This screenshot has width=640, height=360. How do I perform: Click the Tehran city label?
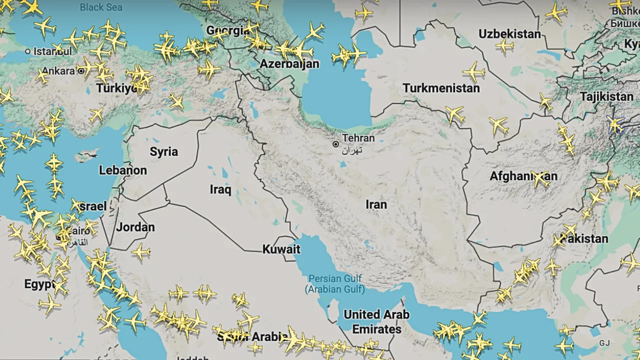point(358,138)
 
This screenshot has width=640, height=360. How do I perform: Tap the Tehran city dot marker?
point(335,144)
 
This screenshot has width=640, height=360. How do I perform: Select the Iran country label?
point(376,204)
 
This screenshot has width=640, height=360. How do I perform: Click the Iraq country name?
point(220,189)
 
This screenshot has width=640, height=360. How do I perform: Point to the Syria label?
point(163,152)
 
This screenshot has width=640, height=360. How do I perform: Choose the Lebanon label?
point(123,170)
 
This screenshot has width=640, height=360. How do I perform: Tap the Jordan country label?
point(135,227)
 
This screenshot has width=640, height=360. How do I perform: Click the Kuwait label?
point(281,249)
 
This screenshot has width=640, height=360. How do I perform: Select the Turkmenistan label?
point(441,88)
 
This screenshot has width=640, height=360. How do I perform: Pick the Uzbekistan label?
point(509,34)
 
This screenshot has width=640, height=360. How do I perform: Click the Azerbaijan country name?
point(289,64)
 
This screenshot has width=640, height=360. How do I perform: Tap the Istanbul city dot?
point(28,51)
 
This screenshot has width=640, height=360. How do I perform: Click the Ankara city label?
point(58,71)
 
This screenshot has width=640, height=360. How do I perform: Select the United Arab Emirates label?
point(376,322)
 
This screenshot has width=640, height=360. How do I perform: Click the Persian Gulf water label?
point(334,284)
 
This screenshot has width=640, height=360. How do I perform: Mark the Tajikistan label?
point(606,96)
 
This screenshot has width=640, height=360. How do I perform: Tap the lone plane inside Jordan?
point(141,251)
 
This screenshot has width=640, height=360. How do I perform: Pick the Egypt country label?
point(39,284)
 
